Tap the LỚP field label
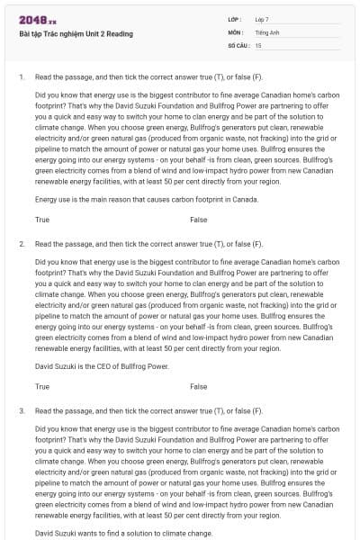coord(234,19)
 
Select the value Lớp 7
coord(262,19)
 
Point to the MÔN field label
coord(235,31)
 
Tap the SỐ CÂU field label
coord(238,44)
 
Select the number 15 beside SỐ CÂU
coord(258,44)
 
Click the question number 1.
coord(22,77)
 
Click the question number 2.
coord(22,244)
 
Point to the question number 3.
coord(22,410)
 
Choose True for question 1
coord(42,220)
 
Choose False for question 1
coord(198,220)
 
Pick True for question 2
coord(42,386)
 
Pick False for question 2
coord(198,386)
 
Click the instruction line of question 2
coord(148,244)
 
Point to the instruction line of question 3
coord(148,410)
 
